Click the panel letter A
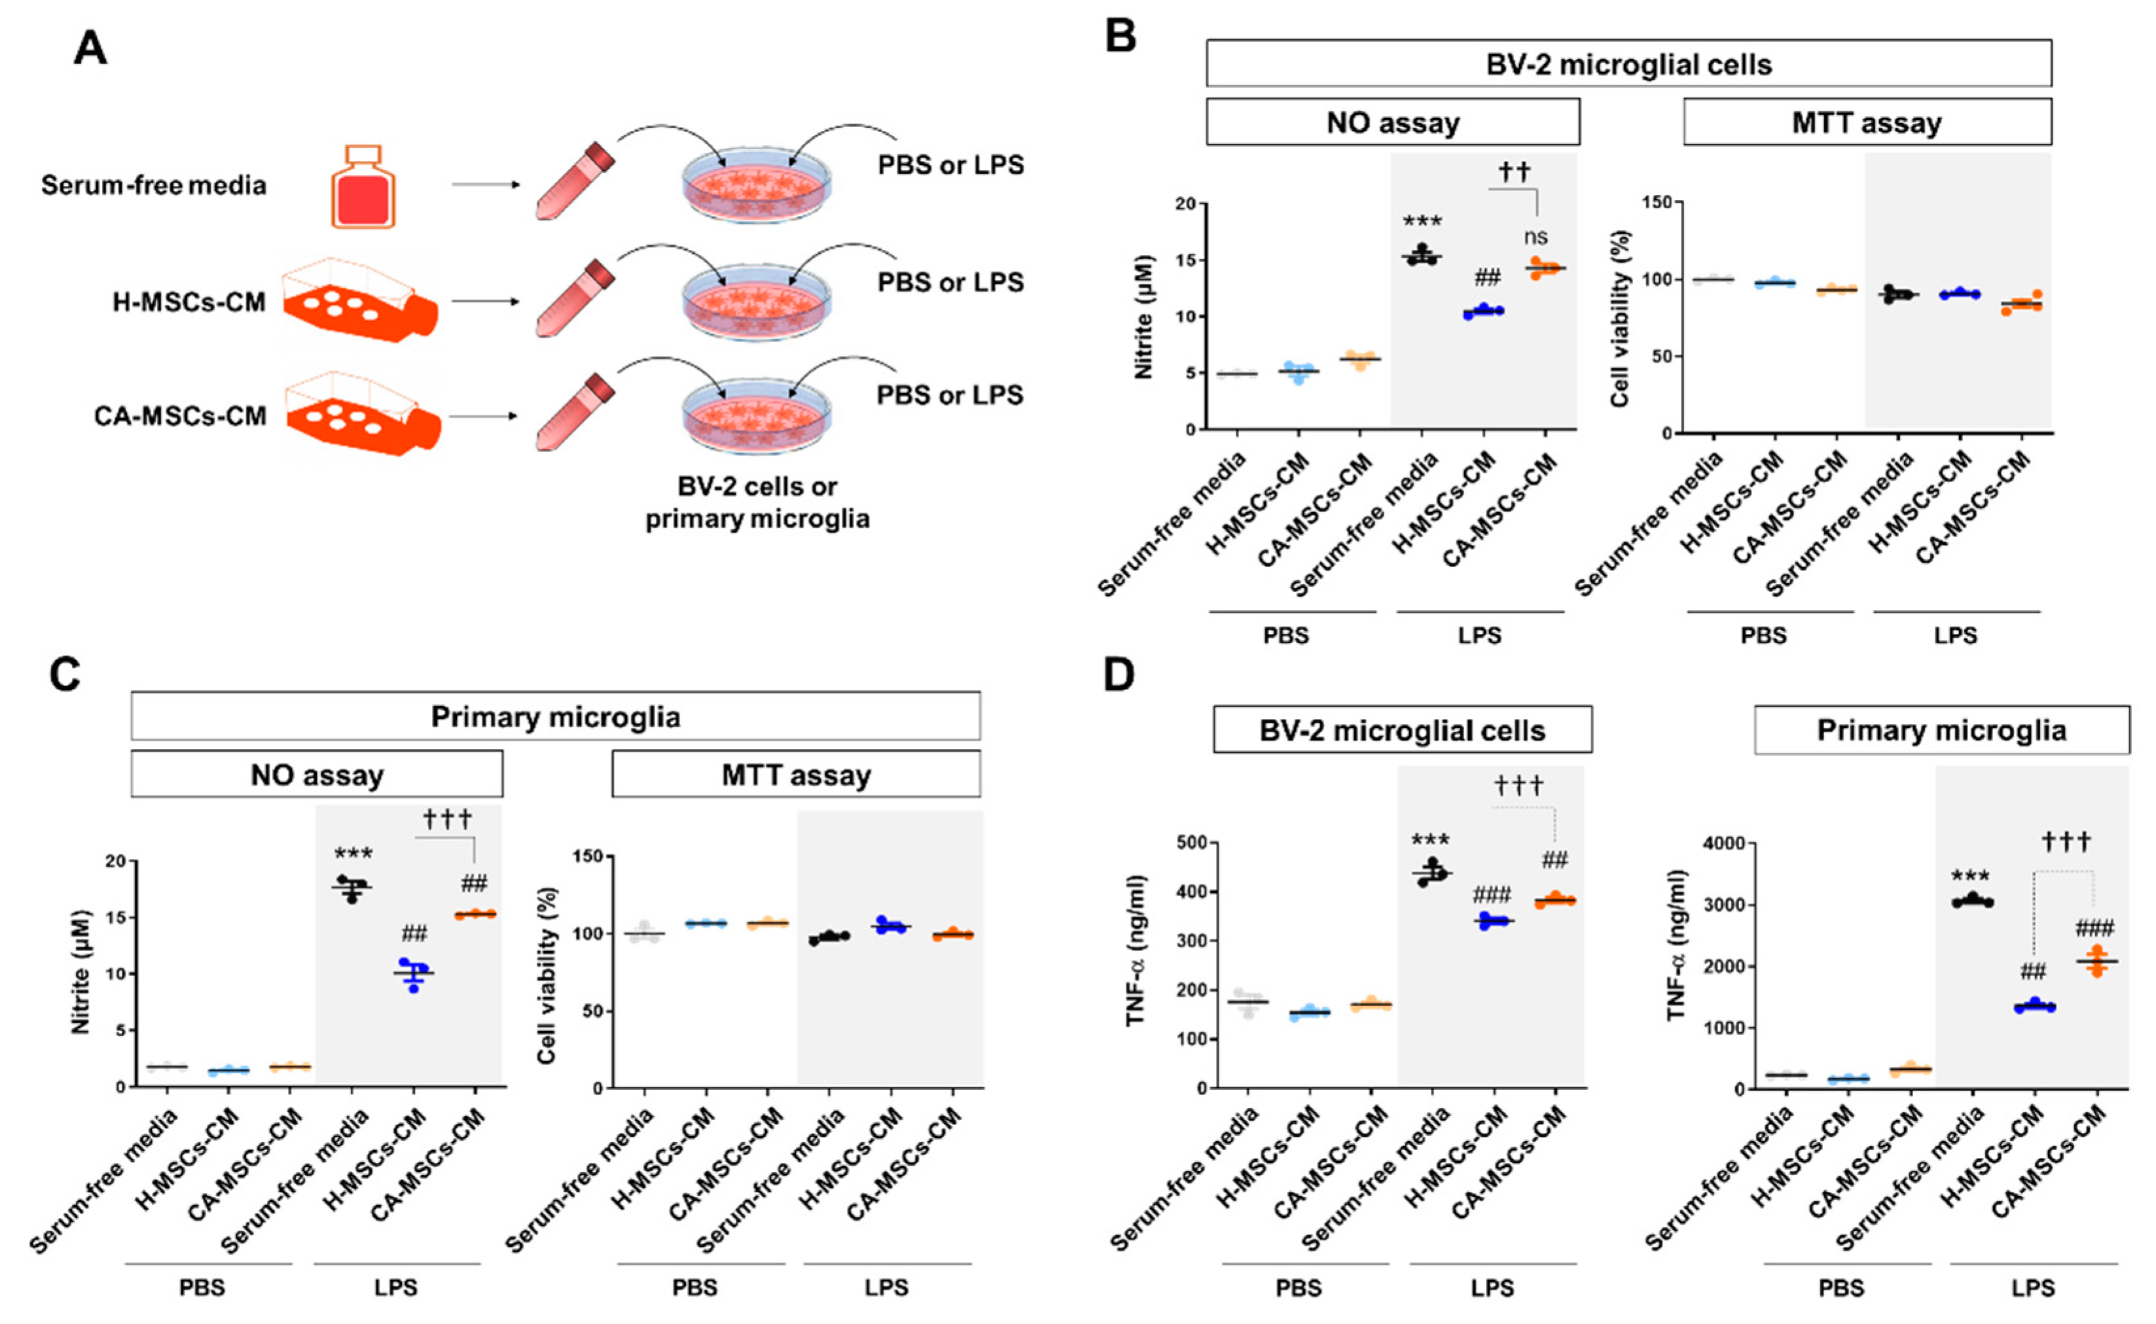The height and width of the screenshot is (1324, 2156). [90, 49]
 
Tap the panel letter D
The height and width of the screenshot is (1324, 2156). [1119, 675]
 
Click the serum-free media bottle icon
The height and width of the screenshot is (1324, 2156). [363, 187]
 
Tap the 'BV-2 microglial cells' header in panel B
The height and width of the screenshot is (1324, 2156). [1628, 64]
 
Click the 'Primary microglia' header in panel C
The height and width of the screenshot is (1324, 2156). [556, 716]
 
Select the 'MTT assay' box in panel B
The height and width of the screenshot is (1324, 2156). [1866, 122]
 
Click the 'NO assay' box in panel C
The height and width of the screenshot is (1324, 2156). [317, 775]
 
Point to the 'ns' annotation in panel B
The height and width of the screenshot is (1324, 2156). [1535, 236]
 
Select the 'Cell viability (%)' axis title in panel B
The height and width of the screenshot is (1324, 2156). [1619, 318]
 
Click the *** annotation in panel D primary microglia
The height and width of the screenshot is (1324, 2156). [1970, 877]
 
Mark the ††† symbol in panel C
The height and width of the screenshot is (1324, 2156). [447, 820]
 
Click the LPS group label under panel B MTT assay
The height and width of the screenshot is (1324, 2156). [1955, 636]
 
